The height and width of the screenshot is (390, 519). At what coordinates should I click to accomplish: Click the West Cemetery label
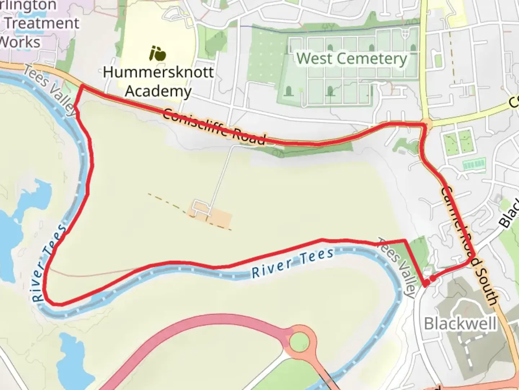pyautogui.click(x=351, y=58)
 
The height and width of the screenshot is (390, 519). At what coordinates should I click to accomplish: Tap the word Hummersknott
pyautogui.click(x=158, y=72)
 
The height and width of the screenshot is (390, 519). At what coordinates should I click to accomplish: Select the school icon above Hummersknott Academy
pyautogui.click(x=158, y=54)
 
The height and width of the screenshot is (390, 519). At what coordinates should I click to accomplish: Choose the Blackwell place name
pyautogui.click(x=460, y=324)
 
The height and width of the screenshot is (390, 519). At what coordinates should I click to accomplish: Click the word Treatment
pyautogui.click(x=42, y=23)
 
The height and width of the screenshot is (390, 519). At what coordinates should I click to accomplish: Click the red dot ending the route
pyautogui.click(x=432, y=278)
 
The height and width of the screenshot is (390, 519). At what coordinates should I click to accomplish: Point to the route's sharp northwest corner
pyautogui.click(x=82, y=86)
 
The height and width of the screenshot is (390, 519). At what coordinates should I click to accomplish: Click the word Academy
pyautogui.click(x=158, y=91)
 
